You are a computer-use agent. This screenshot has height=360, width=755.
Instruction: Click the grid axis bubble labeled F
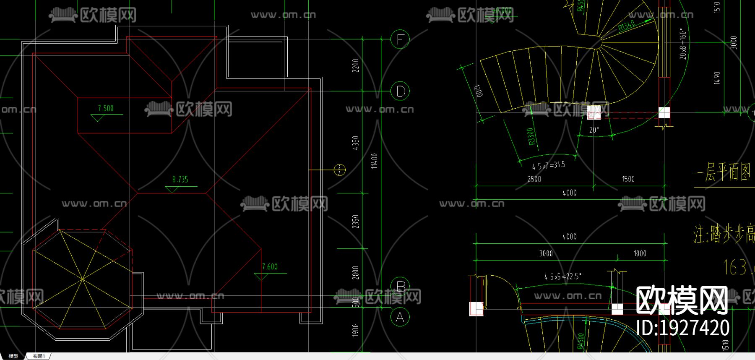point(400,39)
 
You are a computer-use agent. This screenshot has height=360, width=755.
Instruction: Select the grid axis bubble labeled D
point(400,91)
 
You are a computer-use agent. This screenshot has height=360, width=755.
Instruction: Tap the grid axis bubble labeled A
point(400,317)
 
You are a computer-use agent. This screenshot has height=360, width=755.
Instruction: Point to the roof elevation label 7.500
point(106,108)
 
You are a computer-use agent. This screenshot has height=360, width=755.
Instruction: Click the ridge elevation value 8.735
point(180,179)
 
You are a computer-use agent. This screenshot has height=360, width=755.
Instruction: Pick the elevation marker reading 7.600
point(270,266)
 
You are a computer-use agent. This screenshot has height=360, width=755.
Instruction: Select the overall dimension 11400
point(375,161)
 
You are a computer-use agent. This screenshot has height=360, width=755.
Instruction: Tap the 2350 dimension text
point(356,222)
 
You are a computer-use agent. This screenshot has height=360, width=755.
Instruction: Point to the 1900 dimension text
point(356,330)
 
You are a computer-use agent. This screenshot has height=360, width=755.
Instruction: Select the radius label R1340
point(627,26)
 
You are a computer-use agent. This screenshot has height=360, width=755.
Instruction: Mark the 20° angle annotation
point(594,130)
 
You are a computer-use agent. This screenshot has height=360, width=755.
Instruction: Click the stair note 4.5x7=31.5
point(549,165)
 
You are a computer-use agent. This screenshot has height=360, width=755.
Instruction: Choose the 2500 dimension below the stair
point(534,179)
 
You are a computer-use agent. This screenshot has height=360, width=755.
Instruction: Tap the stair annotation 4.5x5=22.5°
point(562,277)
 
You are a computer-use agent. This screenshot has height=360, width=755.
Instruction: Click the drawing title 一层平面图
point(722,172)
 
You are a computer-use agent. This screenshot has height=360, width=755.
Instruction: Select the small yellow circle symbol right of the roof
point(339,170)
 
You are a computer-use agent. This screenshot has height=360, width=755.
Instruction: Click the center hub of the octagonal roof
point(82,279)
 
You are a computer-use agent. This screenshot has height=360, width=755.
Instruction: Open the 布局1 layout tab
point(39,356)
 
